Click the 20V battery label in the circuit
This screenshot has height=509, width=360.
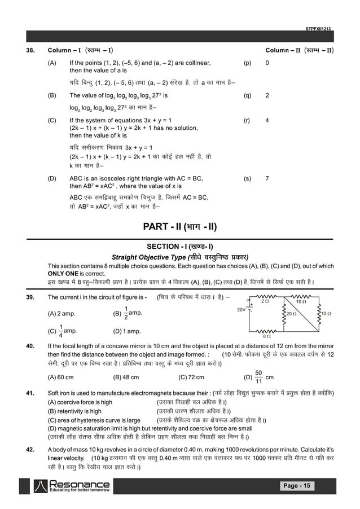pyautogui.click(x=241, y=310)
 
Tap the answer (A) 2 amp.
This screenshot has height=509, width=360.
pyautogui.click(x=62, y=313)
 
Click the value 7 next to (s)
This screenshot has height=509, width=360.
pyautogui.click(x=267, y=178)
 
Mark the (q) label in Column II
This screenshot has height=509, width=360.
pyautogui.click(x=247, y=95)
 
